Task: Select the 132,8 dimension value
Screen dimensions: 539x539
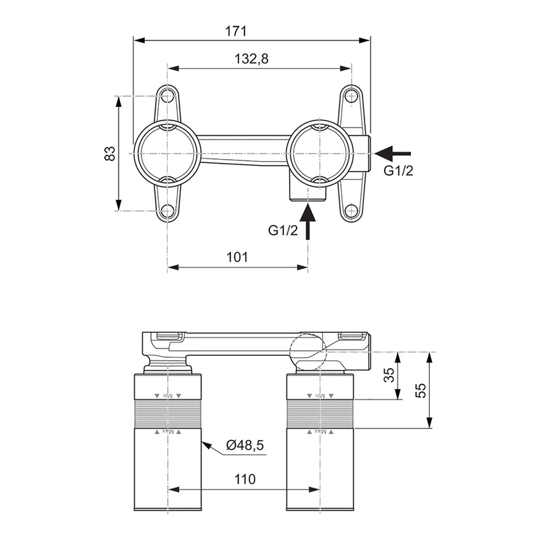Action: coord(251,59)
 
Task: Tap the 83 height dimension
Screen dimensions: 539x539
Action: coord(110,153)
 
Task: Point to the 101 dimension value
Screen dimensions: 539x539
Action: coord(237,257)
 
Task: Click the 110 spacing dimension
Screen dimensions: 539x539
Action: coord(245,480)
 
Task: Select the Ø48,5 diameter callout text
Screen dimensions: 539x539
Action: coord(245,445)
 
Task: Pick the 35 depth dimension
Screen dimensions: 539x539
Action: coord(389,375)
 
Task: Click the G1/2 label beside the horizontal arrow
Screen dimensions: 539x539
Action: coord(399,170)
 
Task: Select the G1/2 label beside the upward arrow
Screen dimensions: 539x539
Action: coord(282,230)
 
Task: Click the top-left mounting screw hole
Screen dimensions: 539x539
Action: coord(167,96)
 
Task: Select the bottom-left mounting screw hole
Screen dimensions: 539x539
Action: coord(167,211)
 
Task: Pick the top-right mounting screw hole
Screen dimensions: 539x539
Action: coord(350,96)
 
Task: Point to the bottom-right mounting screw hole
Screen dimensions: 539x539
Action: coord(350,211)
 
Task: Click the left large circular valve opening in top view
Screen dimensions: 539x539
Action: coord(167,153)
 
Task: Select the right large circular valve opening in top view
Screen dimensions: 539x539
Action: coord(321,153)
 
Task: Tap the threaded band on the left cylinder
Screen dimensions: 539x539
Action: coord(168,413)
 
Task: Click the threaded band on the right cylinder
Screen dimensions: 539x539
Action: coord(321,413)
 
